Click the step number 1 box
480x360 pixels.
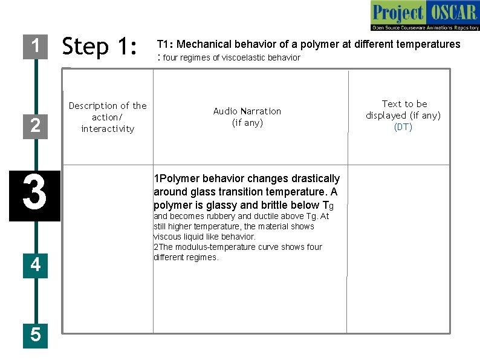pyautogui.click(x=35, y=46)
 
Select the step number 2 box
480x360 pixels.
pyautogui.click(x=35, y=125)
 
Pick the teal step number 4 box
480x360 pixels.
pyautogui.click(x=35, y=264)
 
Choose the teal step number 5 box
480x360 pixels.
pyautogui.click(x=35, y=334)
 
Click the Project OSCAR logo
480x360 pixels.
pyautogui.click(x=424, y=16)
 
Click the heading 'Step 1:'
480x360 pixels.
pyautogui.click(x=100, y=47)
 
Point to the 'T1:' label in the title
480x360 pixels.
pyautogui.click(x=165, y=44)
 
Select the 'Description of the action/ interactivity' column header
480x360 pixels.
pyautogui.click(x=108, y=117)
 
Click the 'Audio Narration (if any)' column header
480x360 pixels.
pyautogui.click(x=247, y=117)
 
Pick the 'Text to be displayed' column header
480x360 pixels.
pyautogui.click(x=403, y=110)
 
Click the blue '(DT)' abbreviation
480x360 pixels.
pyautogui.click(x=403, y=127)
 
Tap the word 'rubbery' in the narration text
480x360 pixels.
pyautogui.click(x=221, y=216)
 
